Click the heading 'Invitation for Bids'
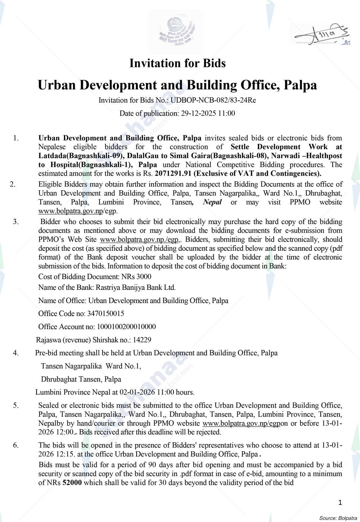(177, 63)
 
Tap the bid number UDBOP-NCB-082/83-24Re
(213, 100)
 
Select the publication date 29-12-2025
(198, 113)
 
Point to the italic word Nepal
(212, 202)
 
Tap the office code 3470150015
(105, 314)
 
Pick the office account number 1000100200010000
(126, 327)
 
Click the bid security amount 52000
(72, 483)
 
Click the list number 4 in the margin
(16, 353)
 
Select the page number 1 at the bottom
(340, 502)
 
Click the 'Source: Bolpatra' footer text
(338, 518)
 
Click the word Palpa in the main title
(300, 85)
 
